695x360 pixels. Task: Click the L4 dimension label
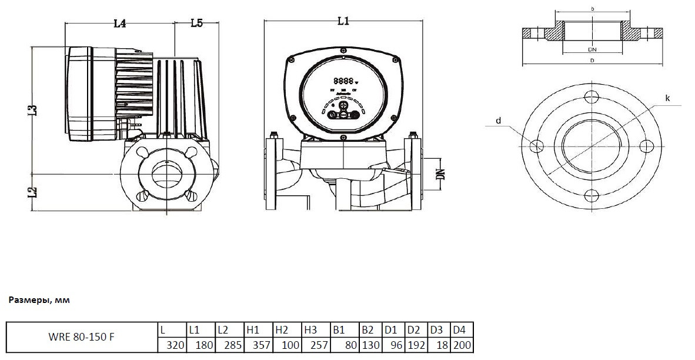pos(120,24)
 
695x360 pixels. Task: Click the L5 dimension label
pos(196,24)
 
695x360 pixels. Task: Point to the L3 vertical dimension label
pos(34,109)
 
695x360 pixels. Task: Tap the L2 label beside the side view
pos(34,191)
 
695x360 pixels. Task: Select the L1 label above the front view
pos(344,22)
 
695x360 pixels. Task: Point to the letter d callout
pos(498,121)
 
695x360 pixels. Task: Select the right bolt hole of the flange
pos(644,146)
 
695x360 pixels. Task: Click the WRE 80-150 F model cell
pos(82,338)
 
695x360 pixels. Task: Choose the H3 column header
pos(311,330)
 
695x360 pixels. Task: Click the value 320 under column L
pos(172,345)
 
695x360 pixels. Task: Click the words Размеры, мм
pos(39,300)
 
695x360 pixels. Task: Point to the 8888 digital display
pos(343,80)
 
